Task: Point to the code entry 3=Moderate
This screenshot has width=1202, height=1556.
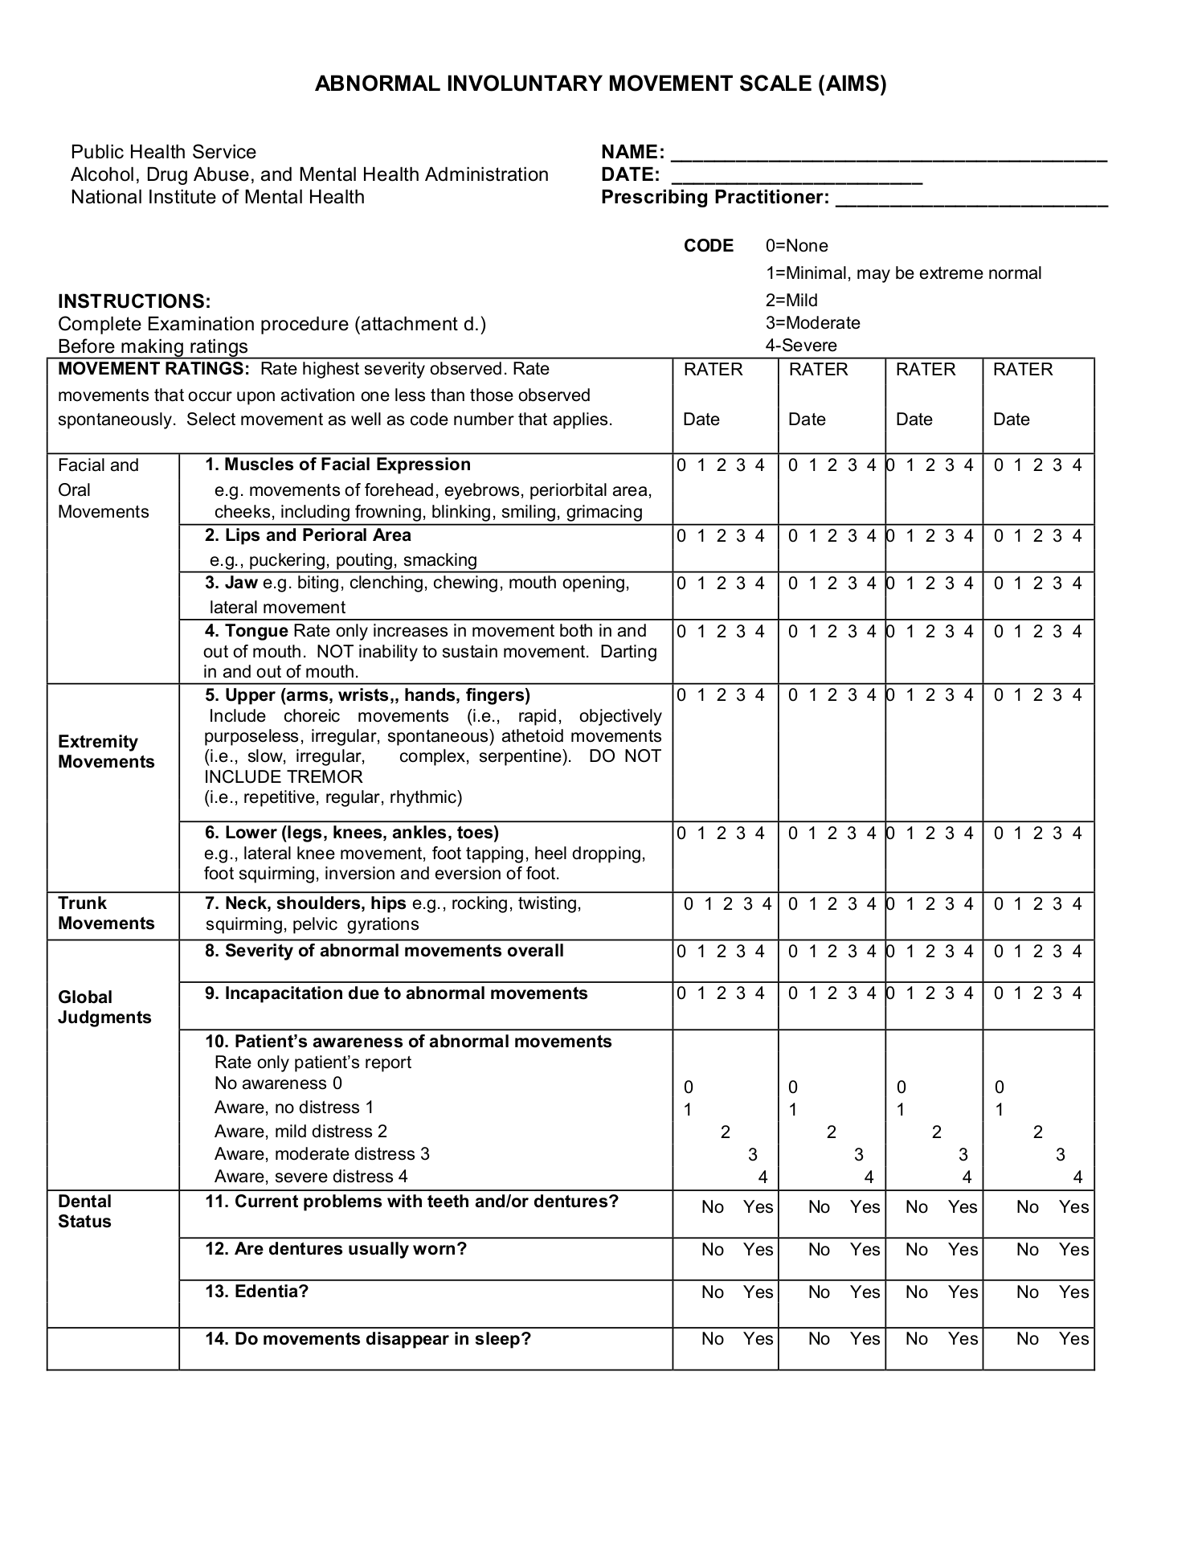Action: (x=812, y=323)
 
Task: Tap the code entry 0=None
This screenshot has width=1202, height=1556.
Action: (x=796, y=246)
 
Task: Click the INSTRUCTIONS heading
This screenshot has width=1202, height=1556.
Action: (x=134, y=301)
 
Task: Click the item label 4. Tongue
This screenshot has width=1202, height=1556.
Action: (x=247, y=631)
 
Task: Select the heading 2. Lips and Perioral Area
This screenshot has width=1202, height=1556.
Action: (x=308, y=535)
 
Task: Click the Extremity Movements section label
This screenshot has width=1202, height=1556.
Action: (x=105, y=751)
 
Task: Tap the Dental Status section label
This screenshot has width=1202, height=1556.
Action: (x=84, y=1211)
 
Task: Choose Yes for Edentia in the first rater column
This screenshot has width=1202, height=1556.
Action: (x=758, y=1292)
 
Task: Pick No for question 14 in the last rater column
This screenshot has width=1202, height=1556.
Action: (x=1027, y=1338)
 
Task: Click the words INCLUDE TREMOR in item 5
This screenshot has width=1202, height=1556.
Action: (x=284, y=776)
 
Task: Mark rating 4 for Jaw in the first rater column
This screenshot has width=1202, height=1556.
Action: (x=759, y=583)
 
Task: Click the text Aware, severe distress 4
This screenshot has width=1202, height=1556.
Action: (x=311, y=1177)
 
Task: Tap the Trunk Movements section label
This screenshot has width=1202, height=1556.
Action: (x=105, y=913)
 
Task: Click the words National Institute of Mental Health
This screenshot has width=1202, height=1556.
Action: (x=217, y=197)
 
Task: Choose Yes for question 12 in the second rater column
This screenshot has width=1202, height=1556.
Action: (x=865, y=1249)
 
